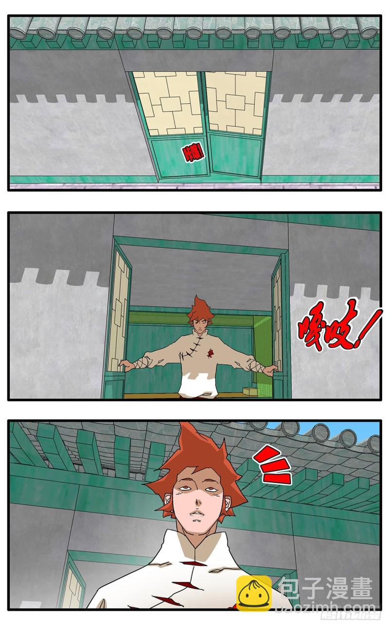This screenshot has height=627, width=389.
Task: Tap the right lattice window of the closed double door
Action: click(236, 102)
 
